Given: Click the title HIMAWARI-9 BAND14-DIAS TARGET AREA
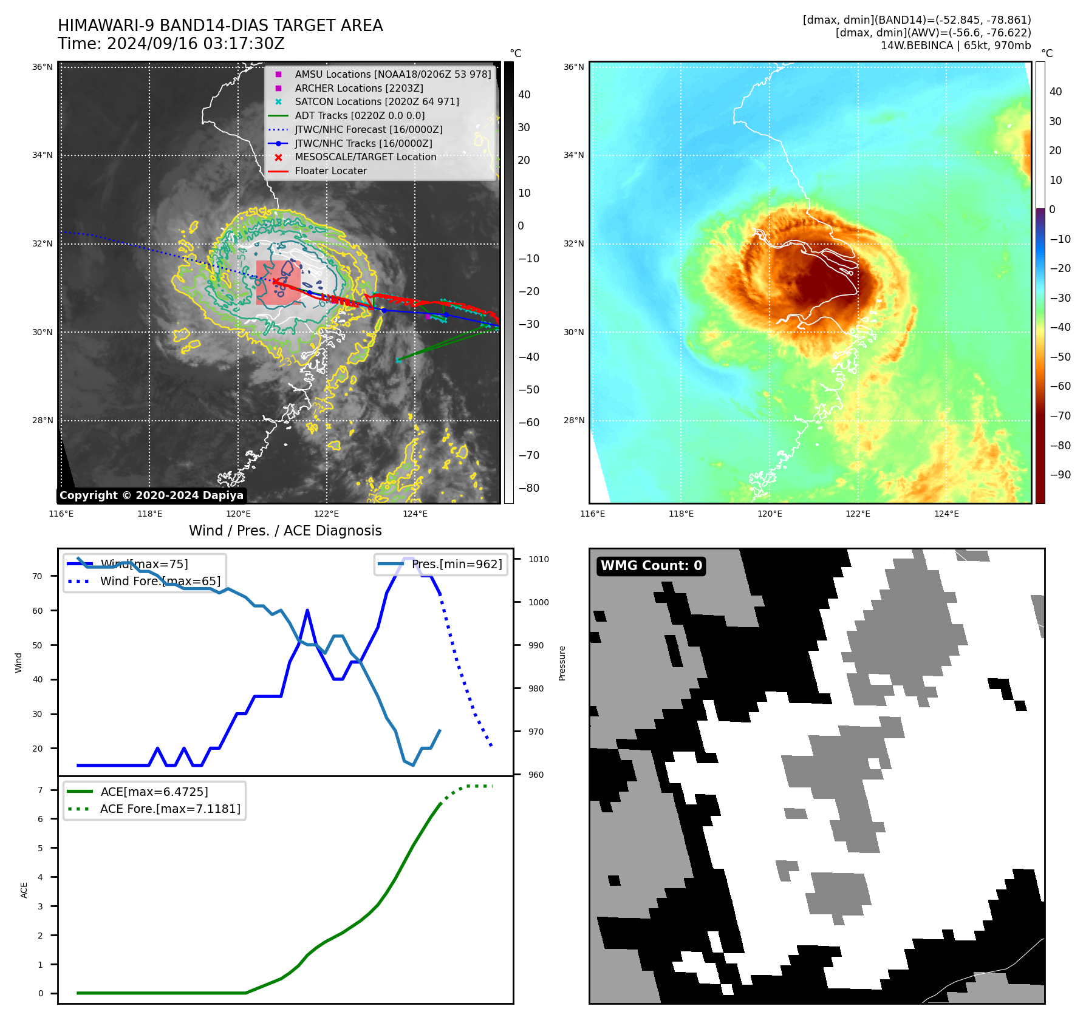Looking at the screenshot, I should (220, 25).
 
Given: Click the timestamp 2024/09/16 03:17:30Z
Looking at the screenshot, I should (196, 44).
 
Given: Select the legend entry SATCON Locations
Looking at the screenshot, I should (377, 102).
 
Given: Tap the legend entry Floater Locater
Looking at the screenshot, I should (330, 171).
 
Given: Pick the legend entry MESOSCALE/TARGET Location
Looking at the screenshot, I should (365, 157).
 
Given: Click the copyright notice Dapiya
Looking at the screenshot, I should (151, 495).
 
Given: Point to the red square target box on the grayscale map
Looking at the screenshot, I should (278, 282).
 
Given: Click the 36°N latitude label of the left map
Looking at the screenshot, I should (43, 67).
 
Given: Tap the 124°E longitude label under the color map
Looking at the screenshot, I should (946, 514).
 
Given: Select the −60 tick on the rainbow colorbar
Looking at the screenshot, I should (1060, 386).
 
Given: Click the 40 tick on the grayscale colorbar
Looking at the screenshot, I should (524, 95).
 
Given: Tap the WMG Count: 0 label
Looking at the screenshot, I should (651, 566).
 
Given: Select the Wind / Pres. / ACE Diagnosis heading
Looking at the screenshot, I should (285, 531).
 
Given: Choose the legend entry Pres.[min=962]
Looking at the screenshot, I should (457, 565).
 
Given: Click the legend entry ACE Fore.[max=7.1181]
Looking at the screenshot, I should (170, 809).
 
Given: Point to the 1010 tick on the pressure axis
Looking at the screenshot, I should (538, 559).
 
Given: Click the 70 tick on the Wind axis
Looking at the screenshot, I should (38, 576).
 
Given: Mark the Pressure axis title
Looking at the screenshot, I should (562, 663).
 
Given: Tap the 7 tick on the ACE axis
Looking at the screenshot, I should (41, 790).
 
